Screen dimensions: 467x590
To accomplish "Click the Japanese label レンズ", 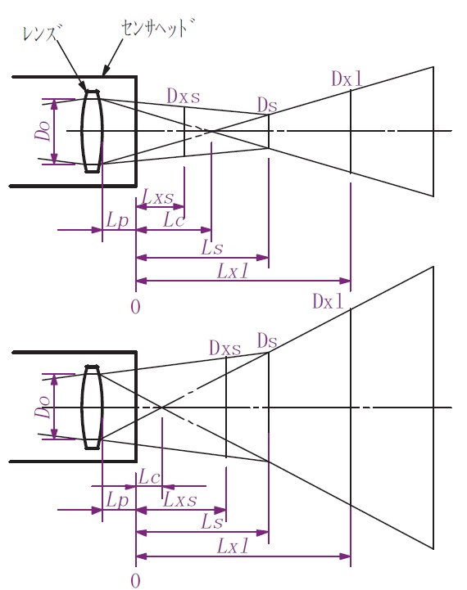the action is (x=42, y=33).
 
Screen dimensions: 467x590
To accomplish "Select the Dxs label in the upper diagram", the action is (x=184, y=97).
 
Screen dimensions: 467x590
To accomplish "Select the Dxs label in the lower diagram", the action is (x=224, y=348).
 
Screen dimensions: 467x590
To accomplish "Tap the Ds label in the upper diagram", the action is (x=267, y=105).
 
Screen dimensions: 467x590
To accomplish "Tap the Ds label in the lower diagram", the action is (x=267, y=341).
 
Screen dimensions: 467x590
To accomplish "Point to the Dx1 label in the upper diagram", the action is (x=347, y=79).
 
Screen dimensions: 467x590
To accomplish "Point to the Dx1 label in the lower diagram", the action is (x=328, y=301).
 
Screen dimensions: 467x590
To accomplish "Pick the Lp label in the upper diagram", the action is (x=117, y=220).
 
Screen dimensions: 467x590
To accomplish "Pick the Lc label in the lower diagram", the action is (x=149, y=478).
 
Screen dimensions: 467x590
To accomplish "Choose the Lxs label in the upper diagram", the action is (x=158, y=197).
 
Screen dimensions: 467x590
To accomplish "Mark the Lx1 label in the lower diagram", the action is (x=233, y=546).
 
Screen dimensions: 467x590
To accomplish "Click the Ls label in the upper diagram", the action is (x=212, y=248).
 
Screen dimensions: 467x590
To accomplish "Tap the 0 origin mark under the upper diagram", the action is (x=135, y=307).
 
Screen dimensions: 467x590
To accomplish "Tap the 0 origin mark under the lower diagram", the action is (x=135, y=581).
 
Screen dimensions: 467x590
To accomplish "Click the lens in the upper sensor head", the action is (x=93, y=131).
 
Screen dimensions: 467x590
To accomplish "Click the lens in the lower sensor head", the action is (x=93, y=408).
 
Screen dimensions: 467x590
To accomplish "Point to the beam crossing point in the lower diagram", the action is (x=162, y=408).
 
